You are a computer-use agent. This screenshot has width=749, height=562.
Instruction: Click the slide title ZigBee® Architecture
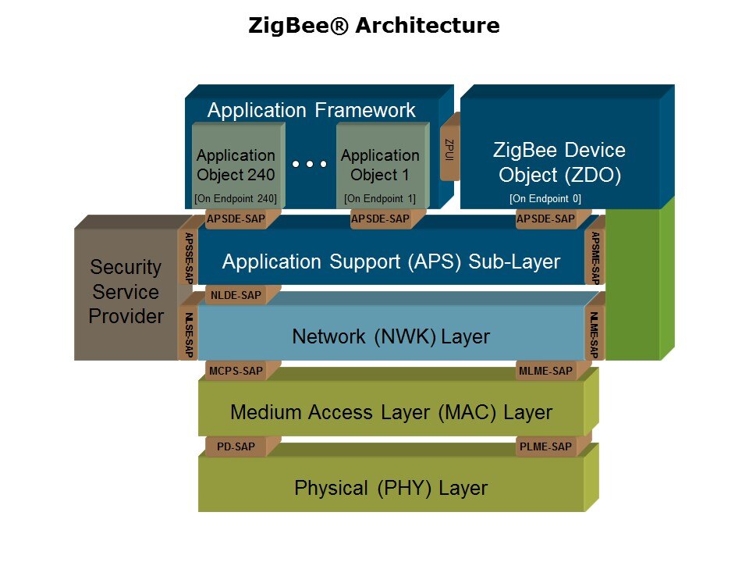coord(374,26)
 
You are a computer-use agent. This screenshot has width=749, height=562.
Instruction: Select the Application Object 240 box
coord(236,164)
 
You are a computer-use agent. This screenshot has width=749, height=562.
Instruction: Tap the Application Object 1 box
coord(380,164)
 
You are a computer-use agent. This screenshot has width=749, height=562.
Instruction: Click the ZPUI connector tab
coord(449,148)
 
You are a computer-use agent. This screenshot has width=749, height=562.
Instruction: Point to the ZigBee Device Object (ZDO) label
coord(560,162)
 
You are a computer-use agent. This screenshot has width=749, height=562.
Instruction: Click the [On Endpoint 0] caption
coord(545,199)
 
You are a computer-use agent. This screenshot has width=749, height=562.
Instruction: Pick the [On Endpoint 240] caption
coord(236,199)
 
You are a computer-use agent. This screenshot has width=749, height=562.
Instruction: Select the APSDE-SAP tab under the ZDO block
coord(545,219)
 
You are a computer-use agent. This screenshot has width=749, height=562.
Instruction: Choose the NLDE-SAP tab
coord(235,295)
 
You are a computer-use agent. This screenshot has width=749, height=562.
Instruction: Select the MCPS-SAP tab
coord(236,371)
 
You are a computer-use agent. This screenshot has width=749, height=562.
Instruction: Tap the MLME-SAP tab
coord(545,371)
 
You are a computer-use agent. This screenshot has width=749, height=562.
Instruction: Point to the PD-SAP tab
coord(236,447)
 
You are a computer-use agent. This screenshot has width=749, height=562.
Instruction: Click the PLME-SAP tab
coord(545,447)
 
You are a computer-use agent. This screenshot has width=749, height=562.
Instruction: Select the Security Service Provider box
coord(126,292)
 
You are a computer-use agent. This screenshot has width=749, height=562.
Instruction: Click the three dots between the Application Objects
coord(310,165)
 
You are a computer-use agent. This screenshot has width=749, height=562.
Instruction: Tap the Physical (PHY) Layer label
coord(391,489)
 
